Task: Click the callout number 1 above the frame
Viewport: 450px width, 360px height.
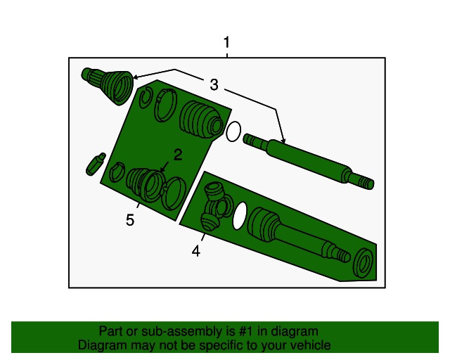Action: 226,42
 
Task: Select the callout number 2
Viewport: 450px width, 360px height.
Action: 178,155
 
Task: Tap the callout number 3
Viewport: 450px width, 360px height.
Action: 214,84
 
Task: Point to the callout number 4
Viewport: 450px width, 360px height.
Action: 196,251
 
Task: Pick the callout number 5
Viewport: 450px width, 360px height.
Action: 130,220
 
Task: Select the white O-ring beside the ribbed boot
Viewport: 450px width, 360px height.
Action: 233,131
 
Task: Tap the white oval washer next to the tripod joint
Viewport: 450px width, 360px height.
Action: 240,216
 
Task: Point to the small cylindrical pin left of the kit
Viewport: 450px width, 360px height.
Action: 96,164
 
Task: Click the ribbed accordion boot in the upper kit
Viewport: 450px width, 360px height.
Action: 201,120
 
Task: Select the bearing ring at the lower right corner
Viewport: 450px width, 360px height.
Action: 364,263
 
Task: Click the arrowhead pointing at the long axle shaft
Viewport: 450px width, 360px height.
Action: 283,140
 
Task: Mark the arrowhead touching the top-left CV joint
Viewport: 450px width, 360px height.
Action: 136,77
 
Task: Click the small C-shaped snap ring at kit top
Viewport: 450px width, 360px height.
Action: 146,98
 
